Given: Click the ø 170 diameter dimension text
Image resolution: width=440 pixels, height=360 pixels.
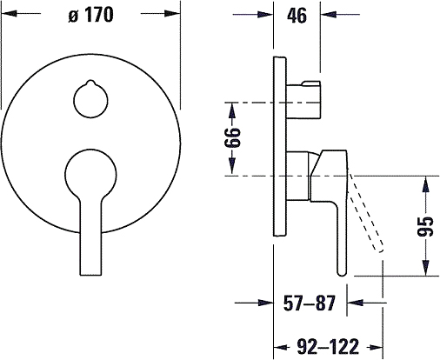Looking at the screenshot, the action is click(90, 15).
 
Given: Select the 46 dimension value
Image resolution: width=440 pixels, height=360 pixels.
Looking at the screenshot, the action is click(297, 16).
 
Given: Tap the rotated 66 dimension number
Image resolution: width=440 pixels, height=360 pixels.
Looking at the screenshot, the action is click(232, 137).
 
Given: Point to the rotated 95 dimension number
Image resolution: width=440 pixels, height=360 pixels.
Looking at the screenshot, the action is click(425, 226).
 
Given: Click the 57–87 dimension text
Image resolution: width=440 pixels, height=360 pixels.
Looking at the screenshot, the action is click(310, 303).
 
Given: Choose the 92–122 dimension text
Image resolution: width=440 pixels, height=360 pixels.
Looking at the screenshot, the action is click(328, 347).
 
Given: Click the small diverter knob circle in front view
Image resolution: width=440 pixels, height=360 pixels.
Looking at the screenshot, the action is click(90, 99).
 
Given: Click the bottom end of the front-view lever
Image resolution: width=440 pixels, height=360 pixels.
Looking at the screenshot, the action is click(90, 274).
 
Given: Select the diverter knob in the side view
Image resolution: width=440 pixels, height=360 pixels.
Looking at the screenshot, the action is click(303, 100).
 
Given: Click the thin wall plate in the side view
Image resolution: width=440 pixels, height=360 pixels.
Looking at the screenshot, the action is click(280, 146).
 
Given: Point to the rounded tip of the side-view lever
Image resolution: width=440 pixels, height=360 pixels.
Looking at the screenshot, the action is click(342, 272).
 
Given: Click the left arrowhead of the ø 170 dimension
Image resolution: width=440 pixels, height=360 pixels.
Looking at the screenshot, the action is click(9, 13).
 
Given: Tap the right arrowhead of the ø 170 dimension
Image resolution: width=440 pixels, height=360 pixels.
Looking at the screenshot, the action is click(173, 13).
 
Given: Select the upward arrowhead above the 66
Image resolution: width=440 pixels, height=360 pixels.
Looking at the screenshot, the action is click(232, 110).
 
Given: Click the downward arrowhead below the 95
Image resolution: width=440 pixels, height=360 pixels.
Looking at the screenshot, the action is click(425, 268).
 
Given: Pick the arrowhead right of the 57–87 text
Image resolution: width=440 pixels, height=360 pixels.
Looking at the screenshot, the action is click(355, 303).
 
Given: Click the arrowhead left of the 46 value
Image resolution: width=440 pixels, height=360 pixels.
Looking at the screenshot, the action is click(265, 14).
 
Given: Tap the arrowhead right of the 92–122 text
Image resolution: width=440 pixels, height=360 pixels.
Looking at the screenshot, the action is click(376, 347).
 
